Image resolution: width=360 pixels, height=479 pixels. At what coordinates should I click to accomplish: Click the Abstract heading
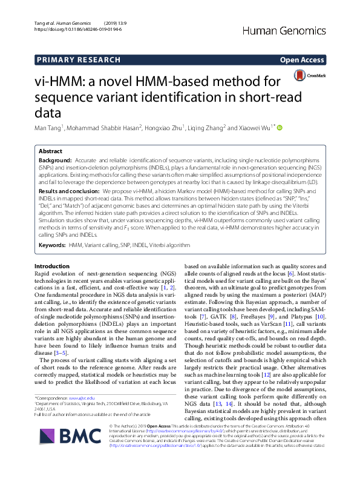[x=50, y=151]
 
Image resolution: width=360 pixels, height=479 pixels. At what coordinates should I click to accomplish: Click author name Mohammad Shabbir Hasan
[x=108, y=128]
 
